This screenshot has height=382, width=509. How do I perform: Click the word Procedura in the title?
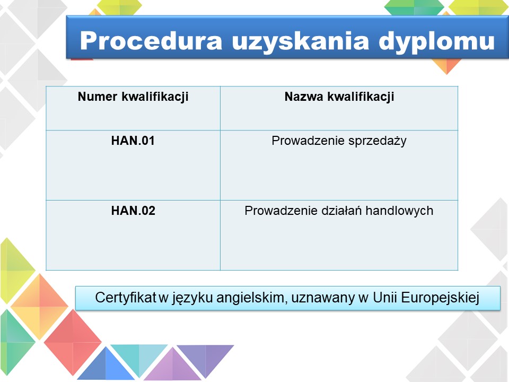tap(151, 41)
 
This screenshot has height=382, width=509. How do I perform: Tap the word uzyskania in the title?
tap(301, 41)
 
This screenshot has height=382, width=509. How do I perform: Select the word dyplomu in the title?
tap(436, 41)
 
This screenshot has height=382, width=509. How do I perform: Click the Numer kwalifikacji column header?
tap(133, 97)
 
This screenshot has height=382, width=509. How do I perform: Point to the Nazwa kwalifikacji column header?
tap(339, 97)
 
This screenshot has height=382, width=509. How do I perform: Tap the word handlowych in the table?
tap(399, 211)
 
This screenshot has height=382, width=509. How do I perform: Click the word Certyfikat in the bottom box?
tap(126, 298)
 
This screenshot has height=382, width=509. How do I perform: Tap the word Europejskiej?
tap(440, 298)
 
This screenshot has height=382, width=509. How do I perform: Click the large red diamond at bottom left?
tap(73, 342)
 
